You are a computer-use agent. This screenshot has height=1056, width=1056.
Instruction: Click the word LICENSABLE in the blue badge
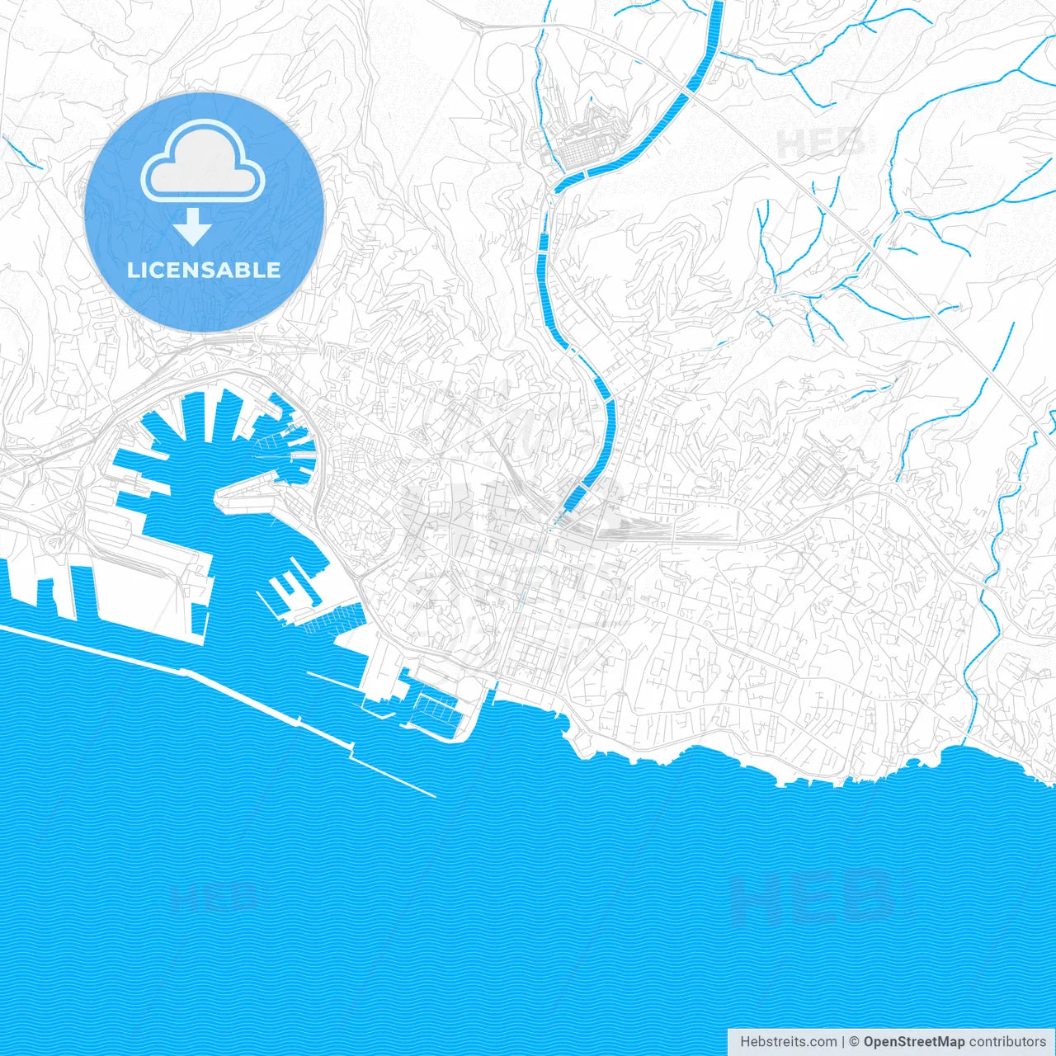click(x=203, y=270)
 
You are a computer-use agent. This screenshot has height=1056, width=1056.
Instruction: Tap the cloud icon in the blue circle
click(x=203, y=161)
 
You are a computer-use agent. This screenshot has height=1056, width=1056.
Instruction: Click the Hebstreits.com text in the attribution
click(x=788, y=1042)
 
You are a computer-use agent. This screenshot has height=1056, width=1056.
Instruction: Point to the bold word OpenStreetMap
click(x=914, y=1042)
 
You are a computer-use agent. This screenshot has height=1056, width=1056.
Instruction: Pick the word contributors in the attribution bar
click(x=1007, y=1042)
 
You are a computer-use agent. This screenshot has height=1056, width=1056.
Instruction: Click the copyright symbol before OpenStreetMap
click(x=855, y=1042)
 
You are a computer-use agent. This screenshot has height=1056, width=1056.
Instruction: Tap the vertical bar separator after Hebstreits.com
click(x=843, y=1042)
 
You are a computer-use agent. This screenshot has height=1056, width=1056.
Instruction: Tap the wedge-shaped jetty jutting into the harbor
click(x=247, y=495)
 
